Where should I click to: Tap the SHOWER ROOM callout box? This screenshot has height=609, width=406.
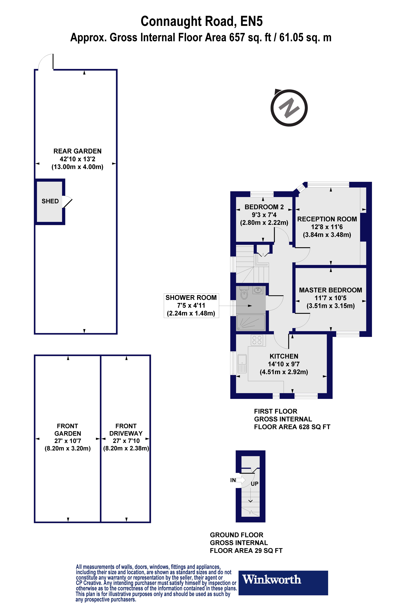tap(191, 306)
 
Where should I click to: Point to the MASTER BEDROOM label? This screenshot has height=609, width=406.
tap(330, 290)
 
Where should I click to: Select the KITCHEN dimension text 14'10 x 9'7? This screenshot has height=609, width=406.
tap(284, 364)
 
